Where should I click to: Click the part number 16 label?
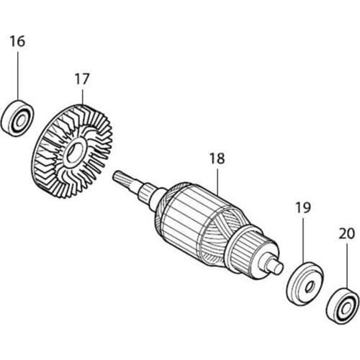pos(17,41)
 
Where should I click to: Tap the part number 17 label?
pos(82,79)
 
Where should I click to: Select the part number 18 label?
pos(217,158)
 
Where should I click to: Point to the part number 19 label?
pos(303,208)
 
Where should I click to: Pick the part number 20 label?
pos(347,233)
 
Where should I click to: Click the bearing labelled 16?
pos(17,118)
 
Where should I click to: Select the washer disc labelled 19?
pos(305,284)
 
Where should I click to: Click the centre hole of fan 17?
pos(74,152)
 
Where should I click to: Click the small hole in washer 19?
pos(310,287)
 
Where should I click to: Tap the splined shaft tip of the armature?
pos(120,178)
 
